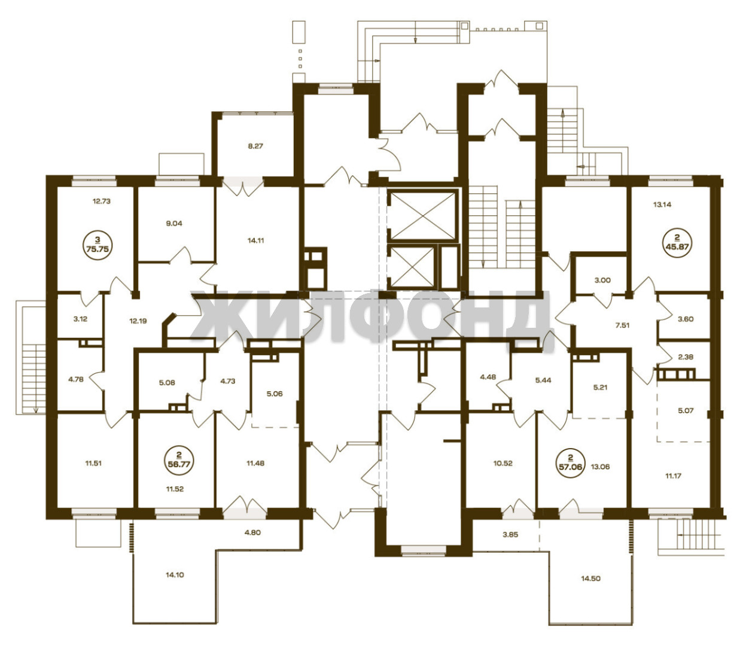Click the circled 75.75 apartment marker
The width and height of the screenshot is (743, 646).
(98, 246)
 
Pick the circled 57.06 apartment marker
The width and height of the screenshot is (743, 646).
(570, 464)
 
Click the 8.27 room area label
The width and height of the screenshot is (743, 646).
(255, 147)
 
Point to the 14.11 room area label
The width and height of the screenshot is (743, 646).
(255, 240)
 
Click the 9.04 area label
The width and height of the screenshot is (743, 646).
(174, 223)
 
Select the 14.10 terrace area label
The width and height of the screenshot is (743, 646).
(175, 575)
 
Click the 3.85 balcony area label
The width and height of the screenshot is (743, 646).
(510, 535)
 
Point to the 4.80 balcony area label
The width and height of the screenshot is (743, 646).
(252, 533)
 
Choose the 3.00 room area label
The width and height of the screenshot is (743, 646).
(602, 280)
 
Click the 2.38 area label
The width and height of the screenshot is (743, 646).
(686, 356)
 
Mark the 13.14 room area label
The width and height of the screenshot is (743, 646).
(662, 205)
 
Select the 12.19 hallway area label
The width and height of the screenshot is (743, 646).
(138, 321)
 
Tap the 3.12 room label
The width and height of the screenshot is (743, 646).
(80, 319)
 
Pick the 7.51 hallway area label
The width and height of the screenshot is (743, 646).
(622, 325)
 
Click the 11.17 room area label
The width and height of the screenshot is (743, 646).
(673, 476)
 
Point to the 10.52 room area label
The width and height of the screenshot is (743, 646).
(503, 464)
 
